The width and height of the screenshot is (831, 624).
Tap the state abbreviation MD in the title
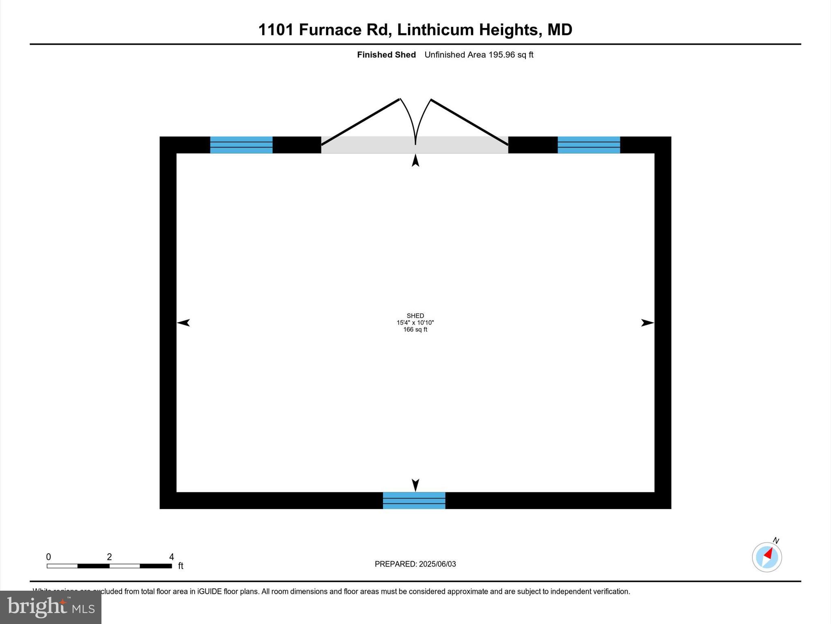[560, 30]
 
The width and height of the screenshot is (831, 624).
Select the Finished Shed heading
[386, 55]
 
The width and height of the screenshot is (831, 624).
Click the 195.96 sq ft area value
[510, 55]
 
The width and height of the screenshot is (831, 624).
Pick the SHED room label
[415, 316]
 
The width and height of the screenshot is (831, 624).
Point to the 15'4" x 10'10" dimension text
[415, 323]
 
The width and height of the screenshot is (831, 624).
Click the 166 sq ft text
[415, 329]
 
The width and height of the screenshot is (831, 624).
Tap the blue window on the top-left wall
[241, 145]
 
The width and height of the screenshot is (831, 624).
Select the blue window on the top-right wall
[589, 145]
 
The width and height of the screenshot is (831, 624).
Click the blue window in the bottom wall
[414, 500]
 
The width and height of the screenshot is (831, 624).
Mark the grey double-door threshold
[414, 145]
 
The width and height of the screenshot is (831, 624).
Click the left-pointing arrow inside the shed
[183, 323]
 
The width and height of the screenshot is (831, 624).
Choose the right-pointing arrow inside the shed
[647, 323]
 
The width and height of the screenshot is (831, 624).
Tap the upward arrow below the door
[415, 161]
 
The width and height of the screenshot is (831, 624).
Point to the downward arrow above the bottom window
[415, 485]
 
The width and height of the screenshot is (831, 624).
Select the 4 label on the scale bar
[172, 557]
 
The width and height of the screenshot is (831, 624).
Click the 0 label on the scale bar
[49, 557]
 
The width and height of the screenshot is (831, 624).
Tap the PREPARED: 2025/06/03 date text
[415, 564]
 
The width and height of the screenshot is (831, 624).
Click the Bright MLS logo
[51, 607]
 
